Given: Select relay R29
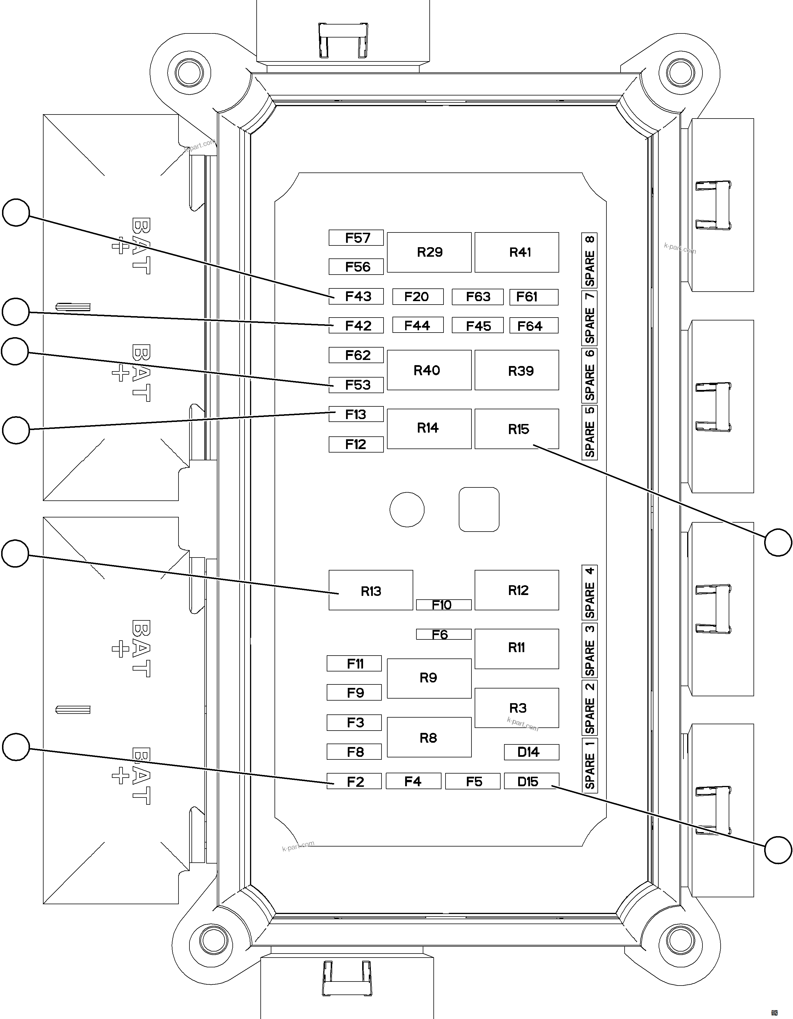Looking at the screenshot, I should coord(429,252).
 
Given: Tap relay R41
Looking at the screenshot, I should coord(517,252).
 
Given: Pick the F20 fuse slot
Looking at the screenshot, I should coord(418,297).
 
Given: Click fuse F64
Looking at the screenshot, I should coord(534,326).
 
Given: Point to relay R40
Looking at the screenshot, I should coord(429,370).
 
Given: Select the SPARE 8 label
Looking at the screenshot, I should coord(590,260).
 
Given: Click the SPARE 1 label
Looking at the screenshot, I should coord(590,765).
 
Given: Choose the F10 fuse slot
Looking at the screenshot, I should coord(444,605).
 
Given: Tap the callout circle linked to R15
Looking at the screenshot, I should coord(778,542).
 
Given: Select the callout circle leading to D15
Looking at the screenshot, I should coord(778,850).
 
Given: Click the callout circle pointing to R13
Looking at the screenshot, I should coord(15,553).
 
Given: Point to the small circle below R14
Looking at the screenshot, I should coord(407,509).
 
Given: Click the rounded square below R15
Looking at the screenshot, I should coord(479,509).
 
